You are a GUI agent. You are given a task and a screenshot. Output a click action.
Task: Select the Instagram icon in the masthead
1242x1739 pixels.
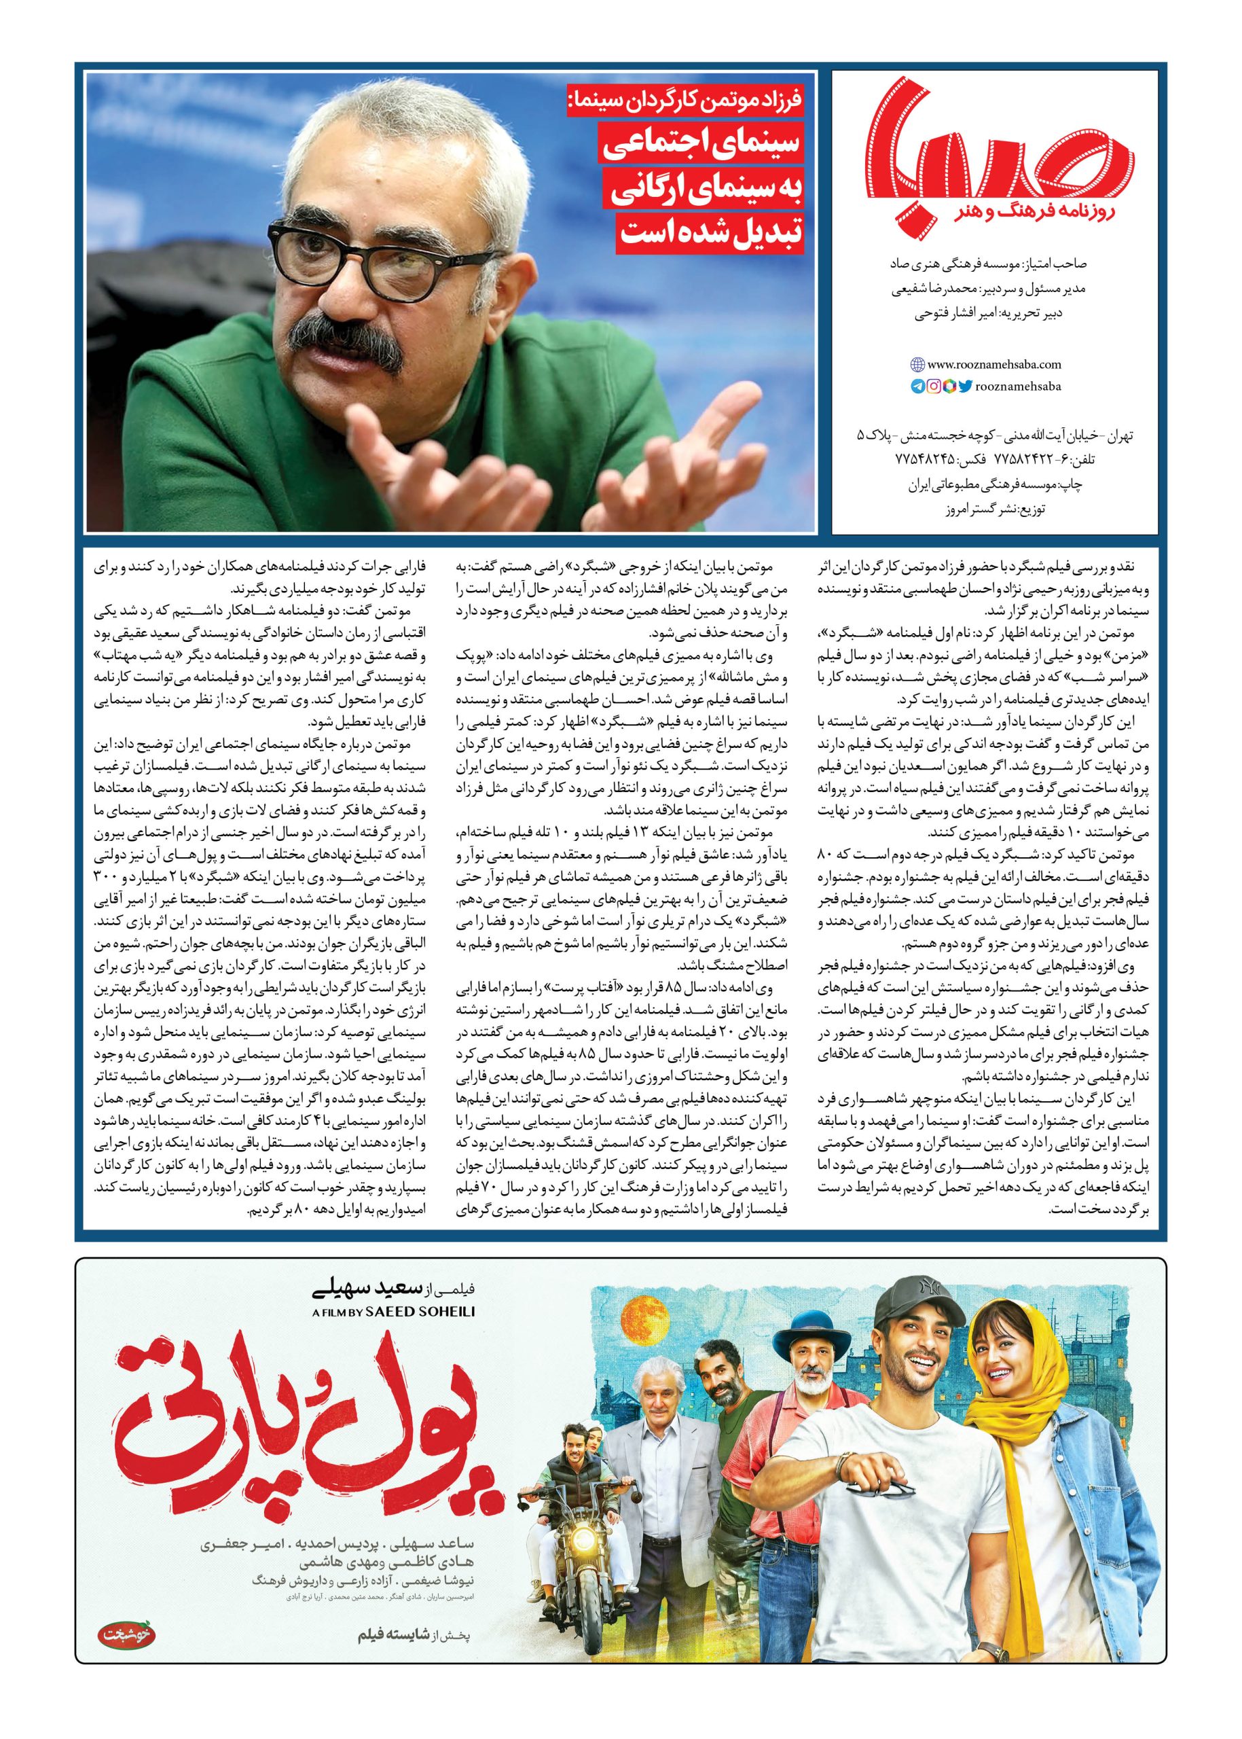pyautogui.click(x=934, y=387)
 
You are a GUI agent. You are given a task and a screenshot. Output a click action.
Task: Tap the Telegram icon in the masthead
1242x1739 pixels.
pyautogui.click(x=917, y=387)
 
